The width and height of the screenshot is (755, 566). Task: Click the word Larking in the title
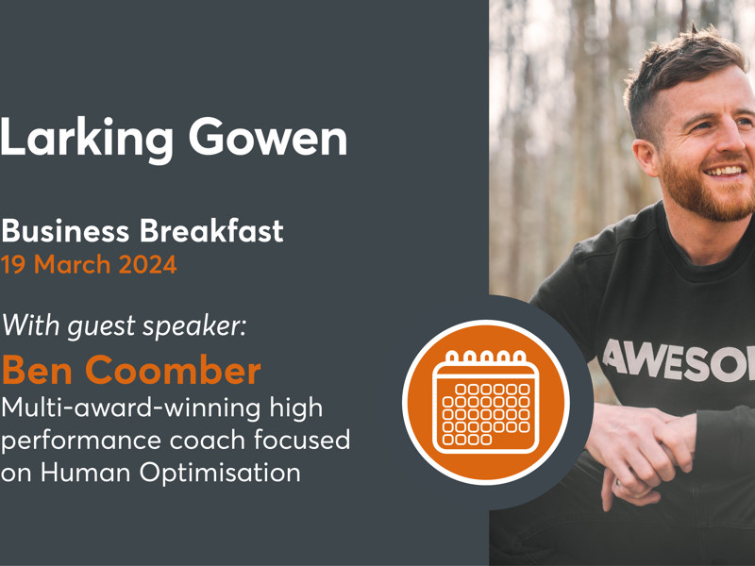pos(86,139)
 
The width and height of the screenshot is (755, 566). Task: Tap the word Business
pos(66,230)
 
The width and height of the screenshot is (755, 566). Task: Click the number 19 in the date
pos(14,265)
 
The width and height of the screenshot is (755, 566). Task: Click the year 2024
pos(147,265)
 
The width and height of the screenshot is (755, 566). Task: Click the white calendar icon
pos(486,400)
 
